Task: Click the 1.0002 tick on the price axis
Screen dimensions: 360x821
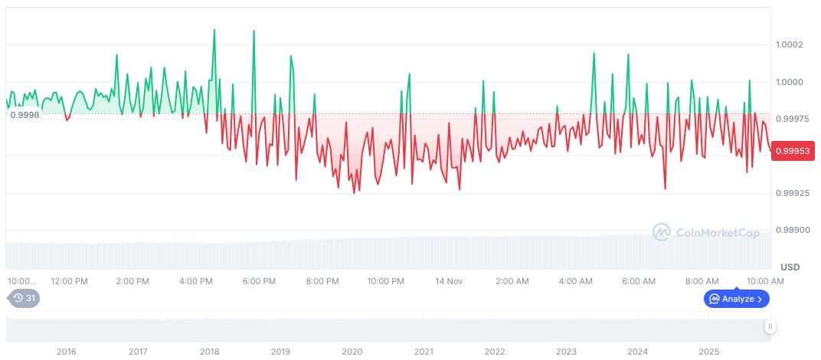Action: pos(790,44)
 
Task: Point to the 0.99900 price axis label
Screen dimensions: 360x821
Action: pos(792,230)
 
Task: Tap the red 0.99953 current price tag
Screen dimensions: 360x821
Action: pos(792,150)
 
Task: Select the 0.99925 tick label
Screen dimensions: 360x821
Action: pos(792,193)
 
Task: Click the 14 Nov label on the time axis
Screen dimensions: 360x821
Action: pos(449,281)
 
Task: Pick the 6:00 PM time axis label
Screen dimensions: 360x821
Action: pos(259,281)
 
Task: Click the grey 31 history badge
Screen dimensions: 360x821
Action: pos(25,298)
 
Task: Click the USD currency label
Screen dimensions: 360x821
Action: pos(790,267)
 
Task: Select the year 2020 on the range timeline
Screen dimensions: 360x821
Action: pos(352,352)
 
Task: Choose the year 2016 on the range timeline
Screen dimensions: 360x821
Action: pos(67,352)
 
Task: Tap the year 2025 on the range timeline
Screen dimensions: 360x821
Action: pos(708,352)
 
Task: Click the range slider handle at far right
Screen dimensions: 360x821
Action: pos(770,326)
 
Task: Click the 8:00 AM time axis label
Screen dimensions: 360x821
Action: pos(702,281)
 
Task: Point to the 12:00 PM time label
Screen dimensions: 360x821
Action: pos(70,281)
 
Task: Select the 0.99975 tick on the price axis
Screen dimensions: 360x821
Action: pos(792,119)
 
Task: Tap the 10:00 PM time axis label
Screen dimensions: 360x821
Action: pos(385,281)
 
